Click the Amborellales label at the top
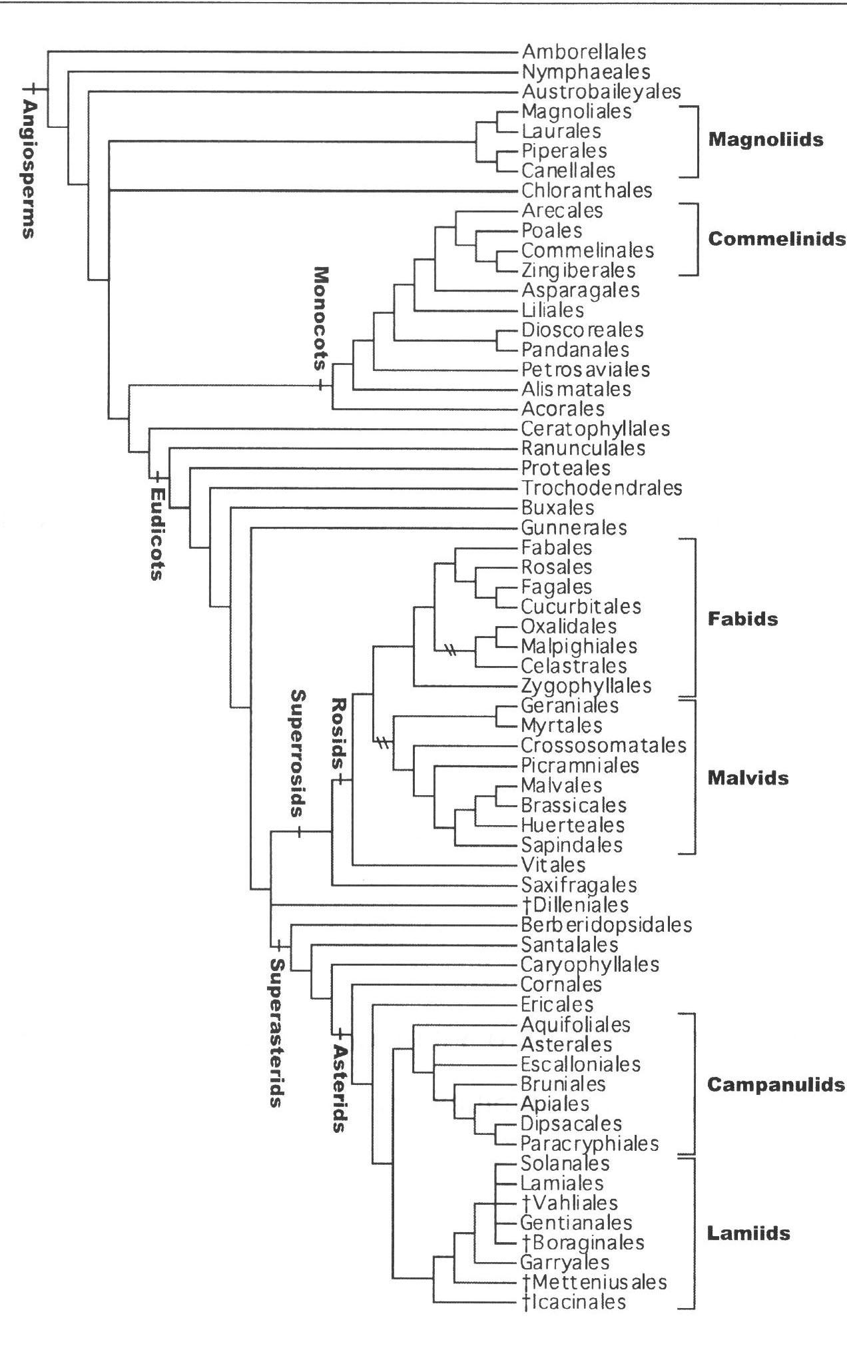click(584, 51)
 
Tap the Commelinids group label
click(776, 239)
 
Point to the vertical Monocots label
click(322, 318)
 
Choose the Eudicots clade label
click(156, 533)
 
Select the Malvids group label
click(748, 778)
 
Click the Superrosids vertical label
click(298, 753)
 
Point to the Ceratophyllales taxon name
click(595, 429)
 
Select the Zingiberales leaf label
click(578, 270)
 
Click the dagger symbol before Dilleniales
click(525, 904)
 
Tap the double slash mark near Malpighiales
click(451, 650)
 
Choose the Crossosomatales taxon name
click(603, 745)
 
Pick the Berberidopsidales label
click(606, 924)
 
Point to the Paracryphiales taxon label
click(589, 1144)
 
